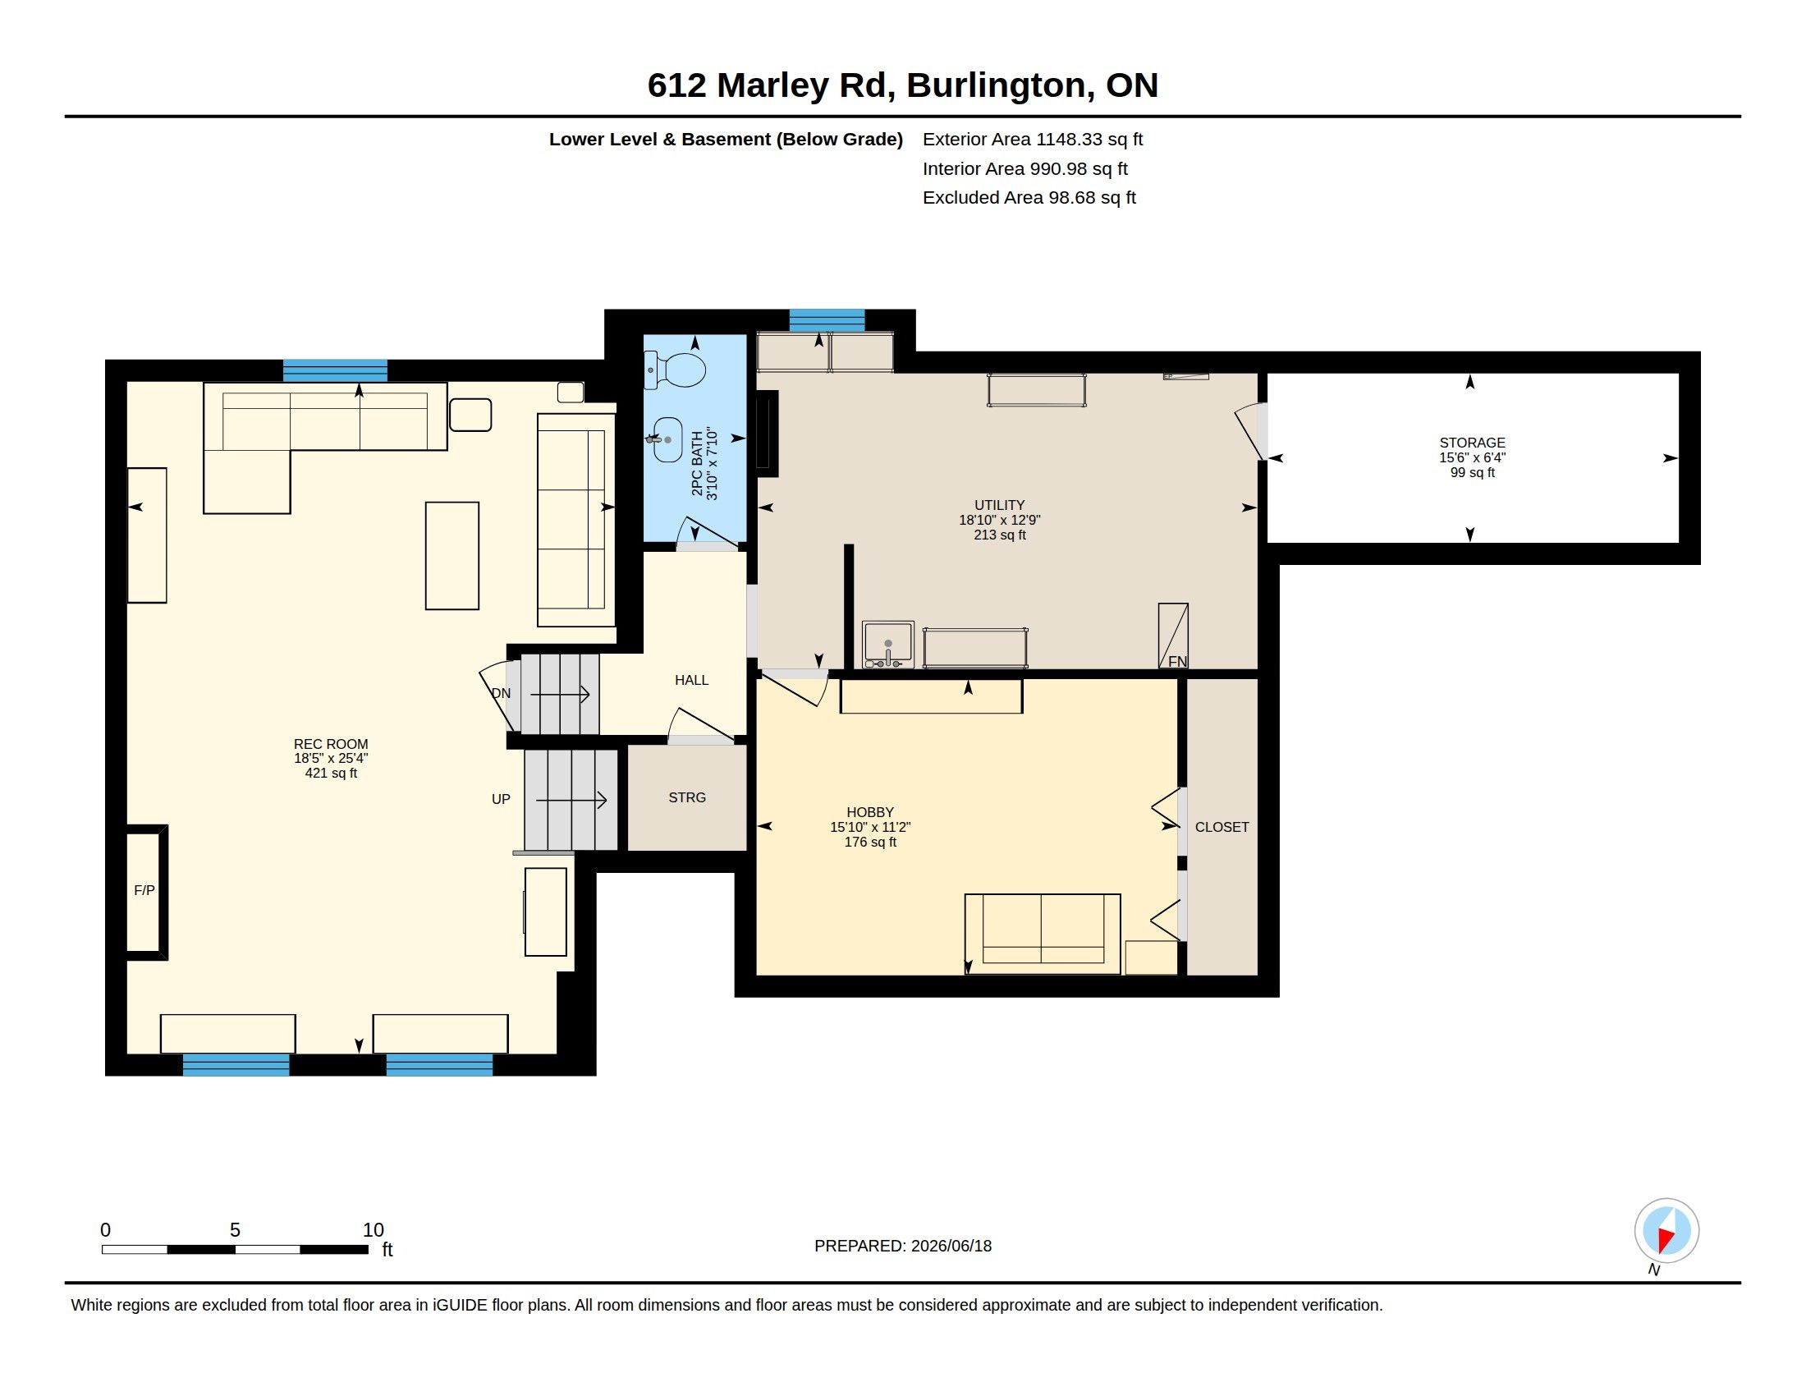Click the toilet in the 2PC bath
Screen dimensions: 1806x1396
[x=676, y=370]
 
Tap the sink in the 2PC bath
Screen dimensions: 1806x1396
[x=667, y=440]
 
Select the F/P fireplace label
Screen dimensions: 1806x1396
[x=144, y=891]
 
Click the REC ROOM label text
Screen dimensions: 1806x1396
[x=331, y=744]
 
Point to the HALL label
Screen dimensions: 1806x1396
[x=691, y=681]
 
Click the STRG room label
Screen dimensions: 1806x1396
[x=687, y=798]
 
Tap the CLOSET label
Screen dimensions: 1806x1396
[x=1222, y=827]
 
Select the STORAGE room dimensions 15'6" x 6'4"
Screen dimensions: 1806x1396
[x=1472, y=458]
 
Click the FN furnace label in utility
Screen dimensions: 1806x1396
[x=1177, y=662]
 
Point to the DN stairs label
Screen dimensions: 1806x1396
[x=501, y=694]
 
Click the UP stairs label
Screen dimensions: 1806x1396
[x=501, y=800]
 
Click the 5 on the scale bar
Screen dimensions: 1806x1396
[x=235, y=1231]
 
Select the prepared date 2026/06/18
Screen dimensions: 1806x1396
[x=951, y=1247]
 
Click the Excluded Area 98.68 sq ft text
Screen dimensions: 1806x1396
[x=1029, y=198]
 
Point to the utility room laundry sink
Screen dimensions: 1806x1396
[x=888, y=645]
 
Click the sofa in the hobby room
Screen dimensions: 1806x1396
[x=1043, y=934]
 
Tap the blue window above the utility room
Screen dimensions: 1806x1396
[x=827, y=320]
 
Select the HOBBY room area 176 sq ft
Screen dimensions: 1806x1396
[x=870, y=843]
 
